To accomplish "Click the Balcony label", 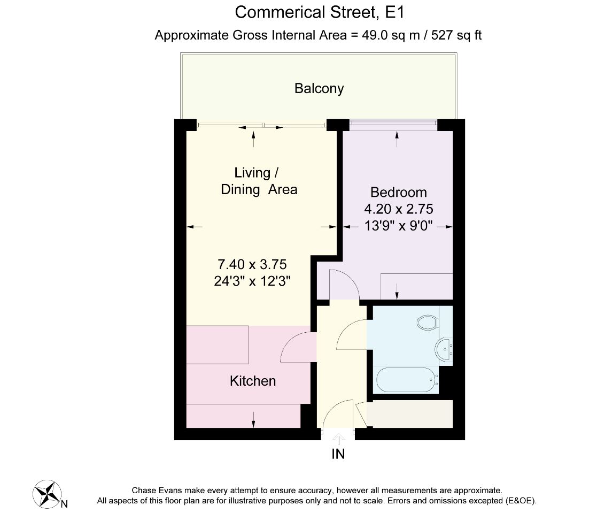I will (x=319, y=89).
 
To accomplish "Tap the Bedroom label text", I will (x=399, y=192).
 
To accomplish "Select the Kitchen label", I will (x=253, y=381).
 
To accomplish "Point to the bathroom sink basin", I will (x=443, y=349).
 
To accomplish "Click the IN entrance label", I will (x=338, y=454).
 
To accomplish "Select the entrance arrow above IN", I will (x=338, y=438).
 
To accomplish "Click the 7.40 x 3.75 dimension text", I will (x=252, y=264).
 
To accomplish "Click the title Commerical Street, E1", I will (x=323, y=12).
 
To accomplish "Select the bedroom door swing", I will (x=344, y=284).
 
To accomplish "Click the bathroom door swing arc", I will (x=351, y=335).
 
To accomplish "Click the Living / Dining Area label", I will (x=258, y=181).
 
